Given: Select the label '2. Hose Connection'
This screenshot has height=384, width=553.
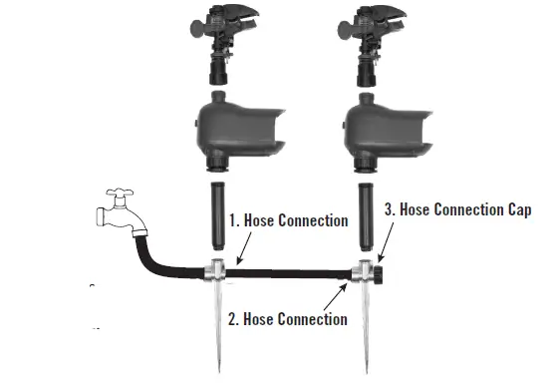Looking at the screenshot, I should point(289,319).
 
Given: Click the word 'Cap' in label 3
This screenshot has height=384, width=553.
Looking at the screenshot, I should point(518,210).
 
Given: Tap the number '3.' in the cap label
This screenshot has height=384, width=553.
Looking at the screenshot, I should point(390,210).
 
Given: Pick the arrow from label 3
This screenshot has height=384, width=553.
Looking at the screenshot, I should point(384,239).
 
